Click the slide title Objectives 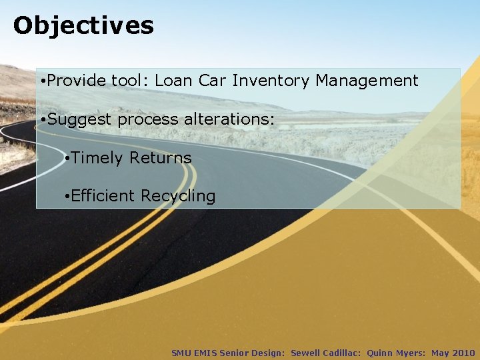point(83,26)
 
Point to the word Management point(367,81)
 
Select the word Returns point(161,158)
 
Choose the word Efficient point(103,196)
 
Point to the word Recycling point(178,197)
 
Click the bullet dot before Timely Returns point(67,159)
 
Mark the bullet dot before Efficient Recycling point(67,197)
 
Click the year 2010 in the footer point(463,353)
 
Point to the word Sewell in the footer point(306,353)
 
